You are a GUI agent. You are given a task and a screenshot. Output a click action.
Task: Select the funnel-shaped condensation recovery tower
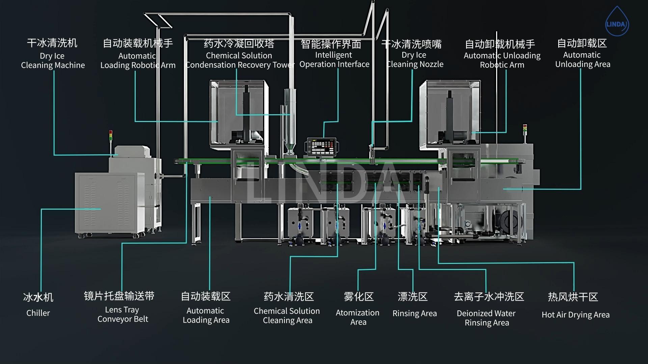pos(289,121)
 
